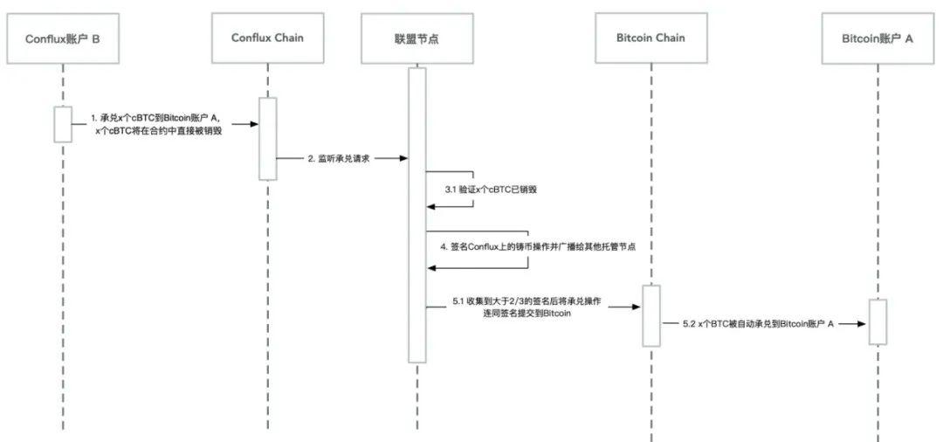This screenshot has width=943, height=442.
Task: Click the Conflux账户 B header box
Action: point(63,39)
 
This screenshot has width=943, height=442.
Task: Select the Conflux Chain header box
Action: point(267,38)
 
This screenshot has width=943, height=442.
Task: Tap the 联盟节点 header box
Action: point(416,39)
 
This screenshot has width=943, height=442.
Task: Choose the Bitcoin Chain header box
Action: point(651,38)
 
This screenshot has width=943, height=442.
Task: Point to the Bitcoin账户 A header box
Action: point(877,39)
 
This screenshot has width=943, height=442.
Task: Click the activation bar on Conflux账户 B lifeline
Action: point(63,123)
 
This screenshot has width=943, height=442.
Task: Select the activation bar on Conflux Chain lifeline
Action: point(267,138)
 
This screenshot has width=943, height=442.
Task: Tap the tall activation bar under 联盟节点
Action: point(416,214)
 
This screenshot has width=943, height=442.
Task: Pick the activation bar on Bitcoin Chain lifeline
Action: point(651,315)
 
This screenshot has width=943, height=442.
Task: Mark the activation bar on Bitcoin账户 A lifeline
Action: point(878,321)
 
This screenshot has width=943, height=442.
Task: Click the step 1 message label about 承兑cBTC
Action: point(156,123)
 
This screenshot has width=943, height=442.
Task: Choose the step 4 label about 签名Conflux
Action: point(538,247)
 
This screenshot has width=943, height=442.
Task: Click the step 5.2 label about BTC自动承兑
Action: point(760,323)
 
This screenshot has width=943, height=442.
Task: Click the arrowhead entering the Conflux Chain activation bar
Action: point(253,124)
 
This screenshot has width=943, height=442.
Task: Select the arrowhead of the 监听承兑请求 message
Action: point(403,159)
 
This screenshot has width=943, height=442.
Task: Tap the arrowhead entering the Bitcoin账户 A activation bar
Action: point(864,323)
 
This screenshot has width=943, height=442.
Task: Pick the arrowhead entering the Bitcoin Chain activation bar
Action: point(637,307)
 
